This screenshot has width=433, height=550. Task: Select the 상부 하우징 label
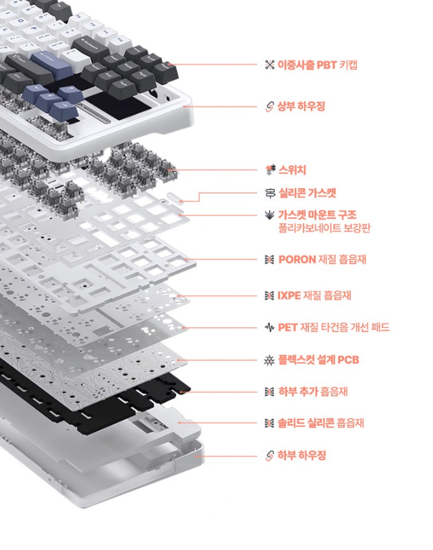click(x=301, y=106)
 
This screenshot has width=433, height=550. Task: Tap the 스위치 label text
click(x=292, y=170)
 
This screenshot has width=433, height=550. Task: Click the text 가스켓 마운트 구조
click(x=317, y=214)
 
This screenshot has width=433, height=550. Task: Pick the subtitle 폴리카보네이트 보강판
click(x=324, y=228)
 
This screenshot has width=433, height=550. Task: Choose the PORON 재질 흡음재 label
click(x=322, y=259)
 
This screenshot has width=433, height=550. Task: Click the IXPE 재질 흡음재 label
click(x=314, y=295)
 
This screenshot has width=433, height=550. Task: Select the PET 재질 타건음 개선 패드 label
click(x=333, y=327)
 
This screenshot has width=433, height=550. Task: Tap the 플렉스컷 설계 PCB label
click(x=319, y=360)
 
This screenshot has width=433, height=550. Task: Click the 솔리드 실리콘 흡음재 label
click(x=320, y=423)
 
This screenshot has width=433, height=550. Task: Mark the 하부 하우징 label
click(x=301, y=456)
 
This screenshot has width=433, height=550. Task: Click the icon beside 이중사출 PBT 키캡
click(x=269, y=65)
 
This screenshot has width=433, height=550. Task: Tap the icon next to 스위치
click(x=270, y=170)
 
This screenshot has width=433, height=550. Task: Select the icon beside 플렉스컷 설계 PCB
click(x=269, y=360)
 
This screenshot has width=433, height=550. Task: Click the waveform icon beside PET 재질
click(x=269, y=327)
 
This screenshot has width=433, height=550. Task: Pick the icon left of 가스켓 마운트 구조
click(x=269, y=214)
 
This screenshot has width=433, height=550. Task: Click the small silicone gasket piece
click(x=175, y=196)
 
